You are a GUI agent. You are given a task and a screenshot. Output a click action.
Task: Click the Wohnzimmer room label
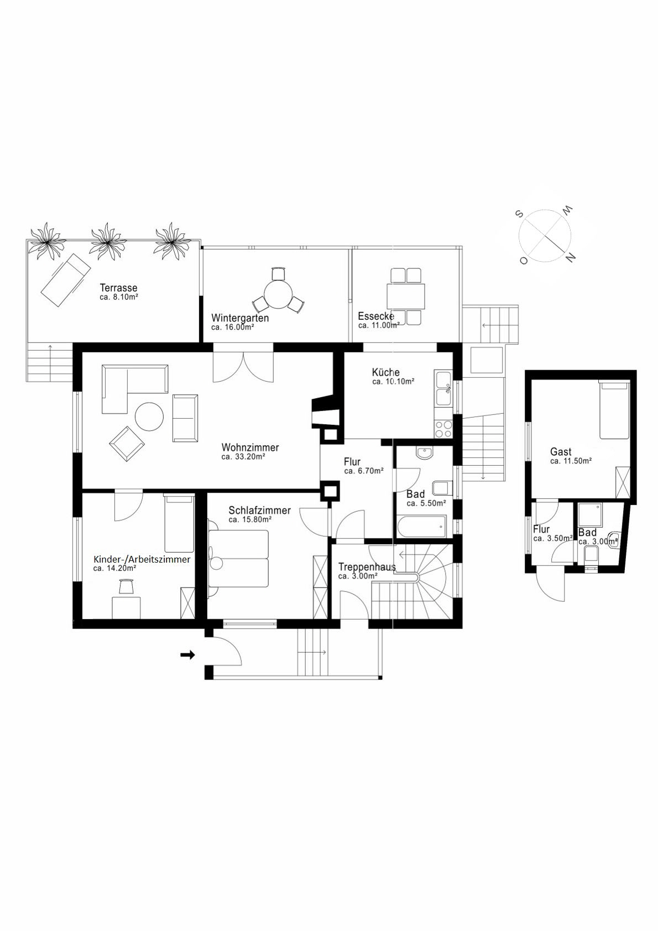click(250, 447)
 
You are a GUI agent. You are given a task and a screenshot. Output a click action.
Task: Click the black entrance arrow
click(188, 655)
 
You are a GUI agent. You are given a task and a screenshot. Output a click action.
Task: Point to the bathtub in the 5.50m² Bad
click(421, 527)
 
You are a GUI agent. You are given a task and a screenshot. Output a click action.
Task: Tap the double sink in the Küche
click(443, 389)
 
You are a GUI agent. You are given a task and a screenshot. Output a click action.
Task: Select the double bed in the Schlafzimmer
click(239, 558)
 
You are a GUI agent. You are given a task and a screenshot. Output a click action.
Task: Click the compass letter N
click(572, 257)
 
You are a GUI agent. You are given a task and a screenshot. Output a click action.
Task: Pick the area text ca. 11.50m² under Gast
click(571, 461)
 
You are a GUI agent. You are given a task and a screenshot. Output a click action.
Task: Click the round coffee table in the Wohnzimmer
click(149, 417)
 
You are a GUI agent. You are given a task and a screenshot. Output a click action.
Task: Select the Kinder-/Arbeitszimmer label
click(142, 559)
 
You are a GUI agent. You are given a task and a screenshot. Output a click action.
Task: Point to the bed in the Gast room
click(614, 409)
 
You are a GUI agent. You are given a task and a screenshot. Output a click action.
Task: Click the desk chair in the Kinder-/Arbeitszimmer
click(127, 585)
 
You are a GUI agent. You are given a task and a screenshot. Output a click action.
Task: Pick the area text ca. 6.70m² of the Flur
click(363, 471)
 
